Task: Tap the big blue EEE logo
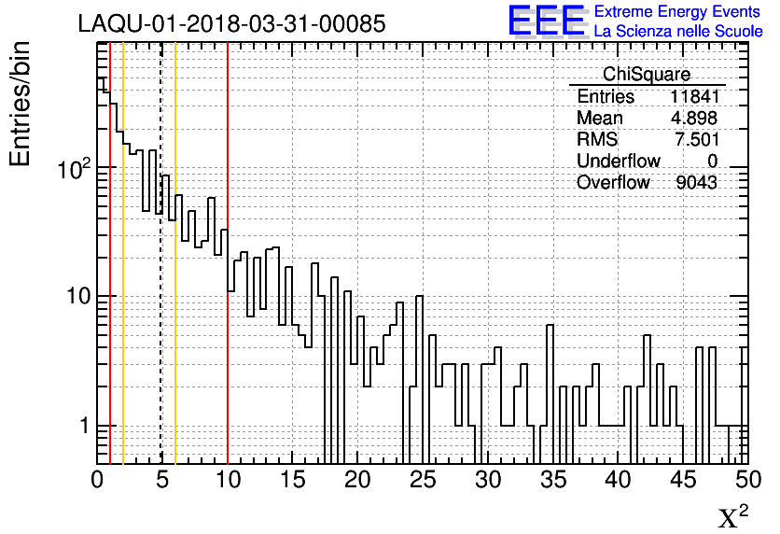[547, 21]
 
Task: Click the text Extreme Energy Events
[677, 12]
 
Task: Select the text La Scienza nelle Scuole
[677, 32]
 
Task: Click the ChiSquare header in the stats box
[646, 75]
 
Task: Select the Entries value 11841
[693, 97]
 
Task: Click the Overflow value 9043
[696, 183]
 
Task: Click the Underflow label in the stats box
[618, 162]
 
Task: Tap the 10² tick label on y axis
[74, 169]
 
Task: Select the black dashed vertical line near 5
[161, 280]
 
